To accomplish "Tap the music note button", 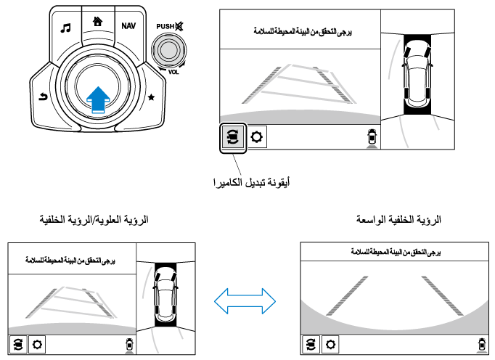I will [66, 28].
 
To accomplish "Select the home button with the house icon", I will [97, 21].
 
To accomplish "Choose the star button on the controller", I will [152, 96].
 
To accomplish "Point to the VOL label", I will [173, 72].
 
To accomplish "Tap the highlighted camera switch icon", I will [233, 136].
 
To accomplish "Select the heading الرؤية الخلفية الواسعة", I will [399, 218].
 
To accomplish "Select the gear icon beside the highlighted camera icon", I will [256, 136].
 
